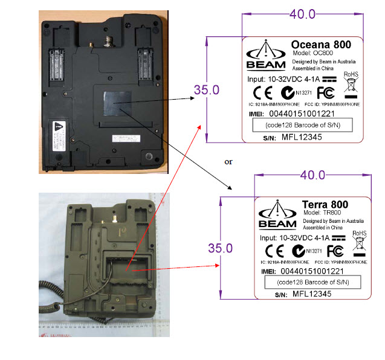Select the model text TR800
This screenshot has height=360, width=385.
click(329, 213)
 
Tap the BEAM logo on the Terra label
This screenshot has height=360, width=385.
click(276, 216)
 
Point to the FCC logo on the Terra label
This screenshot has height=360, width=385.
click(335, 251)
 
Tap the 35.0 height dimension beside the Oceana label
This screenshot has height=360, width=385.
click(205, 90)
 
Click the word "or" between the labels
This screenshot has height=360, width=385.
click(228, 162)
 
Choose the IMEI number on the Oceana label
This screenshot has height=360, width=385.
click(302, 113)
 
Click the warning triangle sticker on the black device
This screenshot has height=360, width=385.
click(57, 127)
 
